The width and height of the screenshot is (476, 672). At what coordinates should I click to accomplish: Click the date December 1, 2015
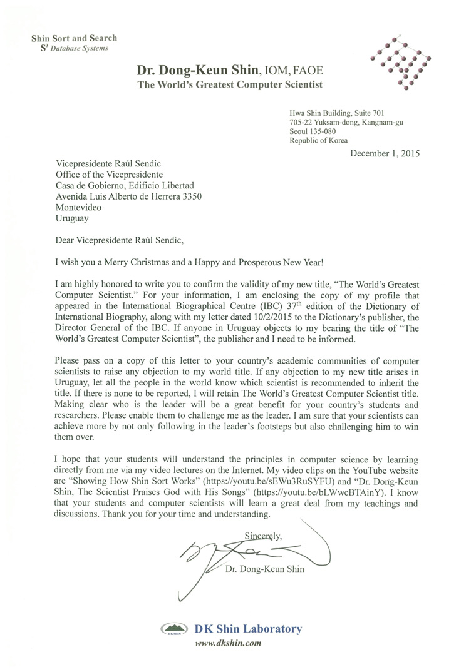point(385,153)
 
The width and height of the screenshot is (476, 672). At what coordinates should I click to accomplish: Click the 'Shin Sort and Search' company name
point(75,38)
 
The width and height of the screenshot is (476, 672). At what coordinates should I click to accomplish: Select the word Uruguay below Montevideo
point(72,219)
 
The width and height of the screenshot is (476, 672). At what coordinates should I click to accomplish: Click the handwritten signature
point(251,551)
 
